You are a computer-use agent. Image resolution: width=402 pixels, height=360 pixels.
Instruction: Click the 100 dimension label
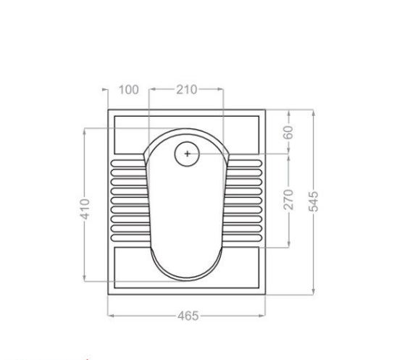tap(129, 90)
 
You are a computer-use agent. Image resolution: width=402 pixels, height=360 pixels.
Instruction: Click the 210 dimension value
tap(186, 90)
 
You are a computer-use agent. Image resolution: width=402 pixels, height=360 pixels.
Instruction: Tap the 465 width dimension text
tap(188, 316)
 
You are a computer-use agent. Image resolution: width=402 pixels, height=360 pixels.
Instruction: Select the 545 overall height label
tap(314, 201)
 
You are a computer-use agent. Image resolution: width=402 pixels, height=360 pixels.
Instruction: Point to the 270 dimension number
tap(289, 199)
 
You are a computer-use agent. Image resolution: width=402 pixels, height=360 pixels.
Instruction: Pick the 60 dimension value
tap(289, 133)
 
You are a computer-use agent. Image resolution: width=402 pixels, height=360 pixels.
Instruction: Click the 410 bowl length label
tap(85, 209)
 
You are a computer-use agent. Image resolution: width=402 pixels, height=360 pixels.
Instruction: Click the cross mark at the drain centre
tap(187, 154)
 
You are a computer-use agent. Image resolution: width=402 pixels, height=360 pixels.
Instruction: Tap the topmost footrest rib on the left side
tap(128, 163)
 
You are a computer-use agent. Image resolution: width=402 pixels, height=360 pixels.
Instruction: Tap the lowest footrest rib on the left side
tap(130, 238)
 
